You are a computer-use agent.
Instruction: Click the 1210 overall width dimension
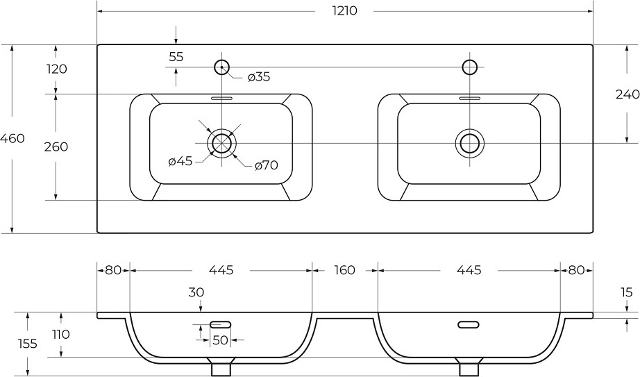[x=344, y=10]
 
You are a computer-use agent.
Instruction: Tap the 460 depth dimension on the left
[x=12, y=138]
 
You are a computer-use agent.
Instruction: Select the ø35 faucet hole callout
[x=259, y=77]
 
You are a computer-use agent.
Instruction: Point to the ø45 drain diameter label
[x=180, y=161]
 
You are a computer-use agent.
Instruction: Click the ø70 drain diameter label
[x=266, y=165]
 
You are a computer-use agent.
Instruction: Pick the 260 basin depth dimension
[x=56, y=146]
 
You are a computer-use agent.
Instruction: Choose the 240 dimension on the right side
[x=628, y=94]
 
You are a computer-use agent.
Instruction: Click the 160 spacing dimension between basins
[x=345, y=270]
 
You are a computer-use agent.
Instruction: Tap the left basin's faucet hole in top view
[x=222, y=67]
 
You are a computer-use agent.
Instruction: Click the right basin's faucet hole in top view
[x=470, y=67]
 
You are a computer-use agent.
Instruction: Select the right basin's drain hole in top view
[x=470, y=143]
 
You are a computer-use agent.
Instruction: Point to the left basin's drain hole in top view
[x=221, y=143]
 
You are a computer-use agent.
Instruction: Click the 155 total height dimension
[x=28, y=344]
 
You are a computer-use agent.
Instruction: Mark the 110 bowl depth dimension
[x=61, y=335]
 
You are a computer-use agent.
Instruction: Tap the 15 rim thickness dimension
[x=627, y=292]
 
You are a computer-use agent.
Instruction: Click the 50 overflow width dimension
[x=220, y=340]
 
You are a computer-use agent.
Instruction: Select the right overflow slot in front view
[x=468, y=325]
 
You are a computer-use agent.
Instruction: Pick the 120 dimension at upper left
[x=56, y=69]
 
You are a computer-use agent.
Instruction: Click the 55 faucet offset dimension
[x=176, y=57]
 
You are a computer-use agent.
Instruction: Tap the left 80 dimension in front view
[x=113, y=270]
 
